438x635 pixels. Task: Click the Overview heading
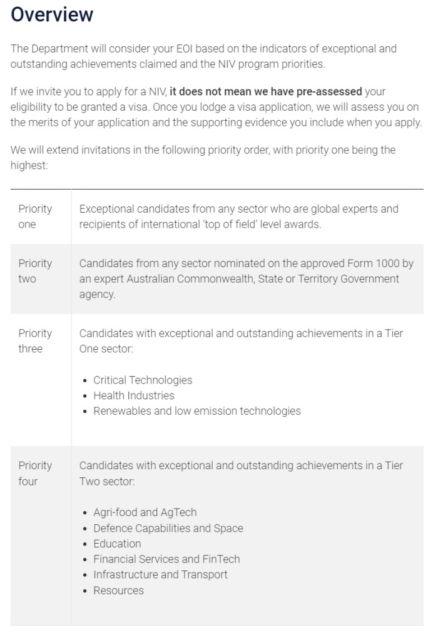tap(52, 15)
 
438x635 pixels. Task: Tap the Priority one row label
tap(35, 216)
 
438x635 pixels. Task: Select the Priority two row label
tap(35, 271)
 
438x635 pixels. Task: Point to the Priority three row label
tap(35, 341)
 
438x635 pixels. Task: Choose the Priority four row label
tap(35, 473)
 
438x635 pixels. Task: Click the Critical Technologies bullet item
tap(143, 380)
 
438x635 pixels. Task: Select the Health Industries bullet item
tap(134, 395)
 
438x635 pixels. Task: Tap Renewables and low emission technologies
tap(197, 411)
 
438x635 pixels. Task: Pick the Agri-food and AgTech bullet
tap(145, 512)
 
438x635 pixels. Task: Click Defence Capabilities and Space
tap(168, 528)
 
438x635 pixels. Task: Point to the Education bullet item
tap(117, 544)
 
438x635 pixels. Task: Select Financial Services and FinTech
tap(166, 559)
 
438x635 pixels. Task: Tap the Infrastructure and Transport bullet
tap(160, 574)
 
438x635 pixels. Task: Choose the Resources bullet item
tap(118, 590)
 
